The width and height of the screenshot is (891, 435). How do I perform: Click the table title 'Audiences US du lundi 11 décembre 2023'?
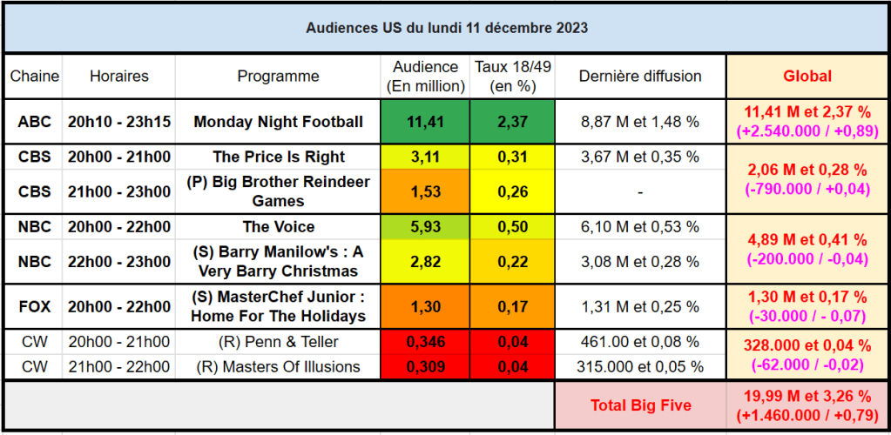pyautogui.click(x=446, y=28)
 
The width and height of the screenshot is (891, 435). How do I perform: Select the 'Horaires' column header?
pyautogui.click(x=119, y=77)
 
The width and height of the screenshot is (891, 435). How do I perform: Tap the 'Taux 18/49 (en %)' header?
pyautogui.click(x=511, y=77)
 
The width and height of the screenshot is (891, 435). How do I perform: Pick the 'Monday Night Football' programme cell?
pyautogui.click(x=278, y=122)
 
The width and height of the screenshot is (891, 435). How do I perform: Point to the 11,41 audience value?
pyautogui.click(x=425, y=122)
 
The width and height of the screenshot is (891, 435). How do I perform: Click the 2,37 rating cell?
pyautogui.click(x=511, y=122)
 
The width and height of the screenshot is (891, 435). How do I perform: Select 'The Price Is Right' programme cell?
pyautogui.click(x=278, y=157)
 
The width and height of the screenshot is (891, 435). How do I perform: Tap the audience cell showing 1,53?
pyautogui.click(x=425, y=191)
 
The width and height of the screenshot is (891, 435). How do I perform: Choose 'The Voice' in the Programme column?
pyautogui.click(x=278, y=227)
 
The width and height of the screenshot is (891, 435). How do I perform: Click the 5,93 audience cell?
pyautogui.click(x=425, y=227)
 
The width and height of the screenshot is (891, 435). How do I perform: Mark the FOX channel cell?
pyautogui.click(x=35, y=306)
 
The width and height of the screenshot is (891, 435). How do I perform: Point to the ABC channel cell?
pyautogui.click(x=35, y=122)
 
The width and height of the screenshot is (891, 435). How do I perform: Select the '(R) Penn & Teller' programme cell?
pyautogui.click(x=278, y=341)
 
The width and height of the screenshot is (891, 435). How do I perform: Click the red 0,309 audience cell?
pyautogui.click(x=425, y=367)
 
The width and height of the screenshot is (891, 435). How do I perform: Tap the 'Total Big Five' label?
pyautogui.click(x=640, y=405)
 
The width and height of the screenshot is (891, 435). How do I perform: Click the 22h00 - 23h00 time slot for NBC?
pyautogui.click(x=119, y=262)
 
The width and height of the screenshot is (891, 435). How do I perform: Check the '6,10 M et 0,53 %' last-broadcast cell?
pyautogui.click(x=640, y=227)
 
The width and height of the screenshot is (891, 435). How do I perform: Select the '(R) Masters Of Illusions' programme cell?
pyautogui.click(x=278, y=367)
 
